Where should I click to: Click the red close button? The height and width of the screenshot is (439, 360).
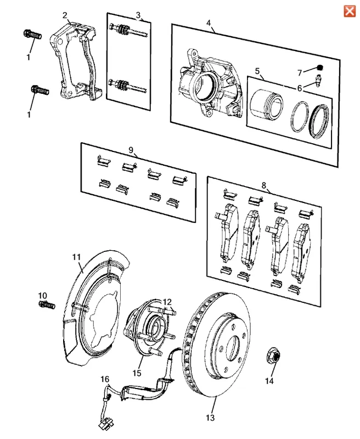point(348,11)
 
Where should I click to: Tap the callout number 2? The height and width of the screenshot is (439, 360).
point(65,15)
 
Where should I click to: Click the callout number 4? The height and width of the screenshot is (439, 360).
point(209,22)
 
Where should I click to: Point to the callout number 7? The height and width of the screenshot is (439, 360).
point(300,72)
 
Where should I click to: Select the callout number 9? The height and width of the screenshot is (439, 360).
point(131,149)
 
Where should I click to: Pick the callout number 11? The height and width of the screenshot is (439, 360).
point(76,257)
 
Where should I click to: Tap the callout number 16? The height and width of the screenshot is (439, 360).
point(105,379)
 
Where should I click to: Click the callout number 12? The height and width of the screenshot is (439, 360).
point(167,301)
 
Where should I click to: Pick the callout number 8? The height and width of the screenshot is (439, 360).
point(264,186)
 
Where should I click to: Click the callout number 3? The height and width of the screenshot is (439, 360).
point(138,15)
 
